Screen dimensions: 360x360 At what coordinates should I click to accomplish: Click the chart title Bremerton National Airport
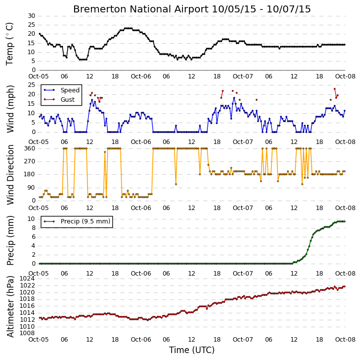(x=141, y=9)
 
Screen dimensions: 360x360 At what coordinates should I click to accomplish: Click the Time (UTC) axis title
(x=192, y=350)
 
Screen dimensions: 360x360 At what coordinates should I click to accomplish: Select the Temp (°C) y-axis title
(x=9, y=44)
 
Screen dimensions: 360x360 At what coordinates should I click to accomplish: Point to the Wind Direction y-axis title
(x=10, y=174)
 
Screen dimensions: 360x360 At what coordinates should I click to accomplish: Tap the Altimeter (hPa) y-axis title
(x=10, y=307)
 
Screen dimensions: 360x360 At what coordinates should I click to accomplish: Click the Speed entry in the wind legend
(x=70, y=90)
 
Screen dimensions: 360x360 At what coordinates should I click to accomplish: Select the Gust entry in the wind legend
(x=67, y=100)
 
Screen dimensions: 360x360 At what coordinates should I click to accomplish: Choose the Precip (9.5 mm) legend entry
(x=86, y=221)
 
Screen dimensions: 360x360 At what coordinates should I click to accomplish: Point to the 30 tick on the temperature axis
(x=31, y=16)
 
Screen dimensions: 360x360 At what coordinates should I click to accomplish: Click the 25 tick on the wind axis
(x=31, y=85)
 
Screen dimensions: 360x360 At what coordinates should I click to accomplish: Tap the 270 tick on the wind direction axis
(x=30, y=161)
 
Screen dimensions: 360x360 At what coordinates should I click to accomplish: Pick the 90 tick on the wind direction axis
(x=31, y=188)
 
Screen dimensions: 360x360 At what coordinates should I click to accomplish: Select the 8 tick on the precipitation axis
(x=33, y=228)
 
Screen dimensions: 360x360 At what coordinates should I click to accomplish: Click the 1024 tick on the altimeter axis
(x=27, y=279)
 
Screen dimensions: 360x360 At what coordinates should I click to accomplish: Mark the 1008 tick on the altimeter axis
(x=27, y=333)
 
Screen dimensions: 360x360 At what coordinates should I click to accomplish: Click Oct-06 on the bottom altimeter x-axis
(x=141, y=340)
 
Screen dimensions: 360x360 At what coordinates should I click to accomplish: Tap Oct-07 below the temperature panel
(x=243, y=76)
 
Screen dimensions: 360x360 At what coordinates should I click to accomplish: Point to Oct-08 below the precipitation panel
(x=345, y=274)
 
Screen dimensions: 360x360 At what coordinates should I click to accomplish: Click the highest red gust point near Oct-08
(x=335, y=89)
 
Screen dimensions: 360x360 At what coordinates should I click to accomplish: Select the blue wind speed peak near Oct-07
(x=234, y=98)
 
